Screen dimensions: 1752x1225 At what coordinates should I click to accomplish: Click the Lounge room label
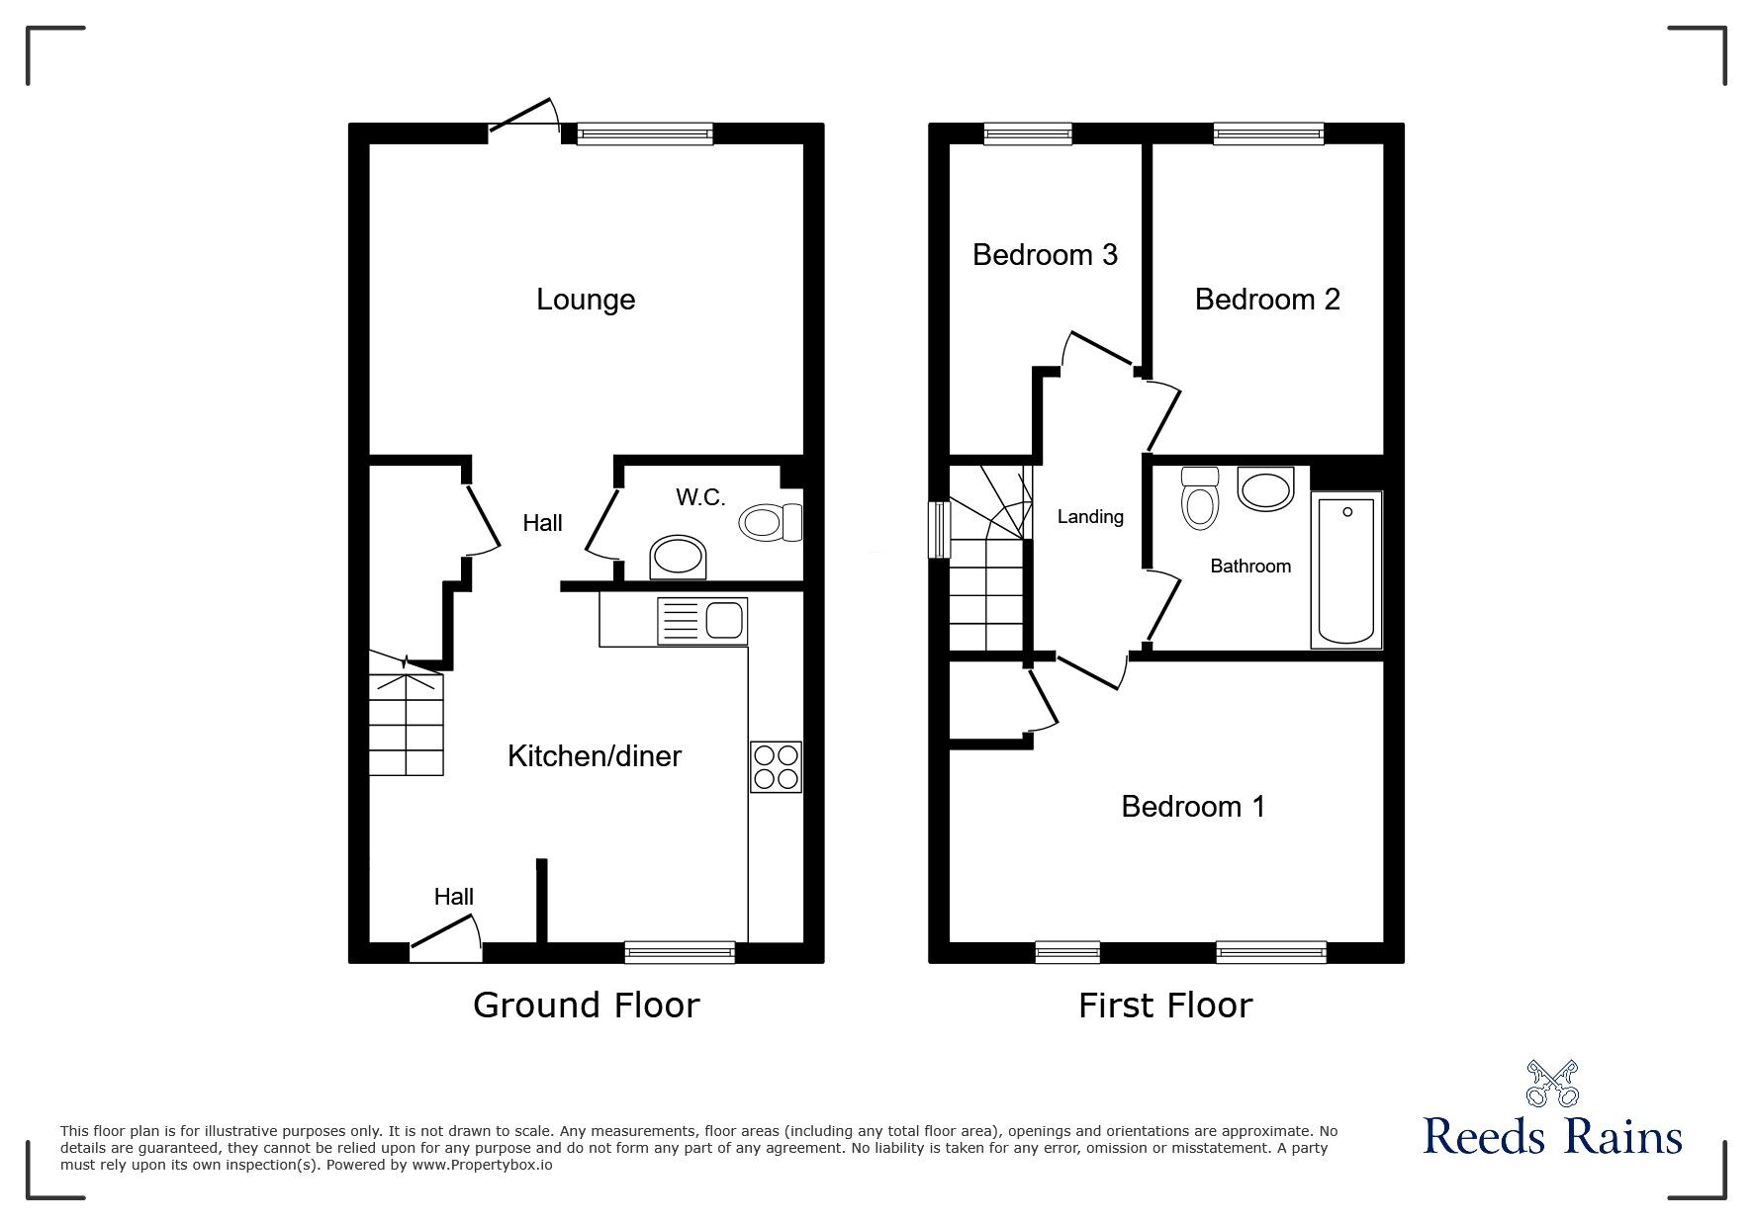[x=586, y=300]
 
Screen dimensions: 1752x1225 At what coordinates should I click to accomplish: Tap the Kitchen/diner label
[x=595, y=756]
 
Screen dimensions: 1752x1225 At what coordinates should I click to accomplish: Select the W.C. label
[x=700, y=497]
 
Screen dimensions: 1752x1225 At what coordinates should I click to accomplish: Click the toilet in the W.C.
[x=771, y=521]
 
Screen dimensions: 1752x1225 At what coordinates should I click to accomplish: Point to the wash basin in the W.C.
[x=679, y=558]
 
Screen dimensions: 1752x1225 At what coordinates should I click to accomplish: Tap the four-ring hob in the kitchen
[x=776, y=767]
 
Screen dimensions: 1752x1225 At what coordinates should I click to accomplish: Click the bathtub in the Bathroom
[x=1346, y=570]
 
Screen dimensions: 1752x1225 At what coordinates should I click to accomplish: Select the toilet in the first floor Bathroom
[x=1200, y=497]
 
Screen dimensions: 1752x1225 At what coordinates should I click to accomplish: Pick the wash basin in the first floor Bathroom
[x=1265, y=489]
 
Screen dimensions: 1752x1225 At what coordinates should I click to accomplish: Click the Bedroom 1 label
[x=1193, y=806]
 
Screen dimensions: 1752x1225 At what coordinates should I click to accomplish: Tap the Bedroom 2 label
[x=1267, y=299]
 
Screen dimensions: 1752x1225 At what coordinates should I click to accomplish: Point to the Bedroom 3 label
[x=1045, y=254]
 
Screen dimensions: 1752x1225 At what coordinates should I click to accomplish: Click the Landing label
[x=1090, y=516]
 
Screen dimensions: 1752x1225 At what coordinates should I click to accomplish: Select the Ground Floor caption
[x=587, y=1005]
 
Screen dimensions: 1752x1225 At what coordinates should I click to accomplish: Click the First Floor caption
[x=1165, y=1006]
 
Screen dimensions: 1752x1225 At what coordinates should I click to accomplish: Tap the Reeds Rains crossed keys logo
[x=1552, y=1084]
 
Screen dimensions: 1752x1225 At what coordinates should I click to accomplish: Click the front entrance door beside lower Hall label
[x=445, y=937]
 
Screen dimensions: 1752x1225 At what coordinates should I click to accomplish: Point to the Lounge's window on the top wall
[x=645, y=133]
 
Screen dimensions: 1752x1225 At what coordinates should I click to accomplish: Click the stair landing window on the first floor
[x=938, y=530]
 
